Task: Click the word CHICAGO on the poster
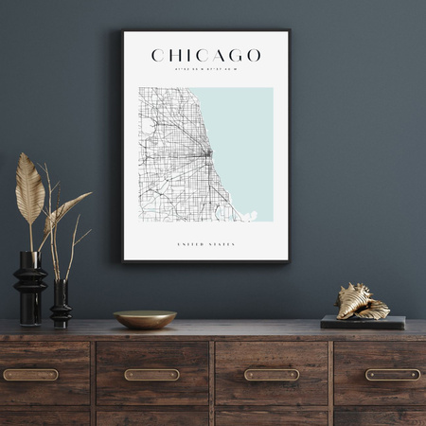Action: tap(205, 56)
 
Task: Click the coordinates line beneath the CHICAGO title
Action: tap(205, 69)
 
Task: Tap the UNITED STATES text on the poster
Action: tap(205, 245)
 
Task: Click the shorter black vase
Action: tap(61, 305)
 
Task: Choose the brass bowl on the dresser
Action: tap(145, 319)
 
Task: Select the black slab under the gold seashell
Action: tap(363, 323)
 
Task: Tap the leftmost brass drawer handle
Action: tap(30, 374)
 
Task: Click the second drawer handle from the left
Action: tap(151, 374)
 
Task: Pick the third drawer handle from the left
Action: tap(272, 374)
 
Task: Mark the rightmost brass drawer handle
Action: tap(392, 374)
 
